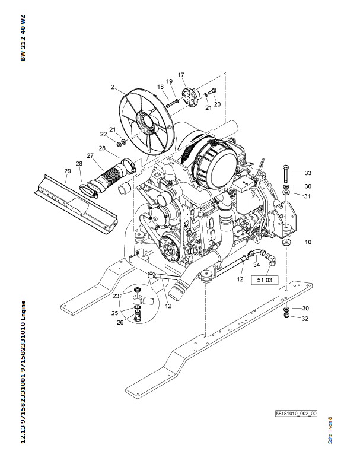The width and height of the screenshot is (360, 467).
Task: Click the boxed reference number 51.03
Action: [x=265, y=280]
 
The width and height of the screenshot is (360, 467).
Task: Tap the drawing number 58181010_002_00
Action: [x=296, y=414]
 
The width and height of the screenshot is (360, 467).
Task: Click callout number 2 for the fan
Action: [x=113, y=87]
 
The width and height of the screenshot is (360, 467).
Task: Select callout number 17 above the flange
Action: [x=181, y=75]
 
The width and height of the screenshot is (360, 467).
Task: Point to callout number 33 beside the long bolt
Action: [x=308, y=173]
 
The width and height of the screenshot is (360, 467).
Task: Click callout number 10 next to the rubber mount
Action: [x=308, y=242]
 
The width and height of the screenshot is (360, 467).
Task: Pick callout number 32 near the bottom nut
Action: [x=305, y=319]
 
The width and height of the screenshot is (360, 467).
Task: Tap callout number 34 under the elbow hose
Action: [x=256, y=265]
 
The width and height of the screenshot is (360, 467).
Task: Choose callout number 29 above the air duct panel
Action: [x=68, y=171]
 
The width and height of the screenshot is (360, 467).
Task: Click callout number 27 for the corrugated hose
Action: [x=90, y=155]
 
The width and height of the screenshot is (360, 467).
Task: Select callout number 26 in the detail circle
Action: [x=120, y=323]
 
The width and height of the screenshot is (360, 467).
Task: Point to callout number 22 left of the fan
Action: [x=103, y=134]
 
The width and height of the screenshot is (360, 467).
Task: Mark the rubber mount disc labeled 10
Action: [x=287, y=242]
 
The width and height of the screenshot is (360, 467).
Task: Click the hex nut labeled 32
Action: [x=286, y=314]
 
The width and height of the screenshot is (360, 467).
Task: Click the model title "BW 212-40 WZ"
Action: [x=23, y=38]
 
